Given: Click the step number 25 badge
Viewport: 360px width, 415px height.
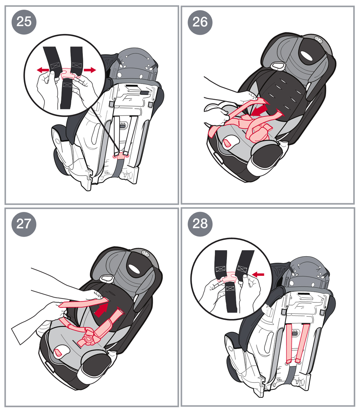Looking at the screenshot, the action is [x=24, y=22].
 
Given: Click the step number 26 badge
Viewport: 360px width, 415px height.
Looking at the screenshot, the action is [x=200, y=22].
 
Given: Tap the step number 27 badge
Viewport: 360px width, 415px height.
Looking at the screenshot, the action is [x=24, y=224].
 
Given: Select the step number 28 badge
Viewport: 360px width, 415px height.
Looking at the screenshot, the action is [x=200, y=224].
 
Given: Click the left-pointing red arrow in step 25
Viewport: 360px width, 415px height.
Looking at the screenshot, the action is [x=43, y=70].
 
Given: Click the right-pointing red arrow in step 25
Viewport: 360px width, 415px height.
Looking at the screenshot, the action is [x=90, y=70].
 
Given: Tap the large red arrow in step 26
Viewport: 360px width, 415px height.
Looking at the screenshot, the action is [x=260, y=110].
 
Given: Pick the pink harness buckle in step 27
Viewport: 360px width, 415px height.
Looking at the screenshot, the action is [x=89, y=339].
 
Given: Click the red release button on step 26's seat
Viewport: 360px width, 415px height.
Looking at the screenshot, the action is [x=227, y=144].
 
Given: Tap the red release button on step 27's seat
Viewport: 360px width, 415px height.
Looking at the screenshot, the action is [x=58, y=353].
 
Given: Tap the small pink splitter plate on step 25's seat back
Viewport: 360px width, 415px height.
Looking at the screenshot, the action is [x=121, y=156].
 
